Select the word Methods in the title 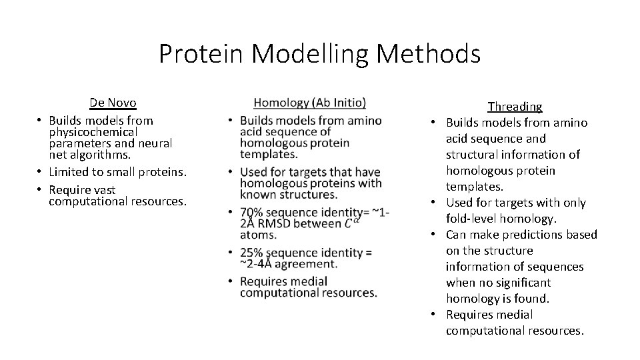428,53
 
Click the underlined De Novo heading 113,103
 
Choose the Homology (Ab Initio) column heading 310,103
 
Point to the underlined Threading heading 515,107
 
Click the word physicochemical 93,132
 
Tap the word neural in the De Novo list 155,143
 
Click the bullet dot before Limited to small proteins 40,172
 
